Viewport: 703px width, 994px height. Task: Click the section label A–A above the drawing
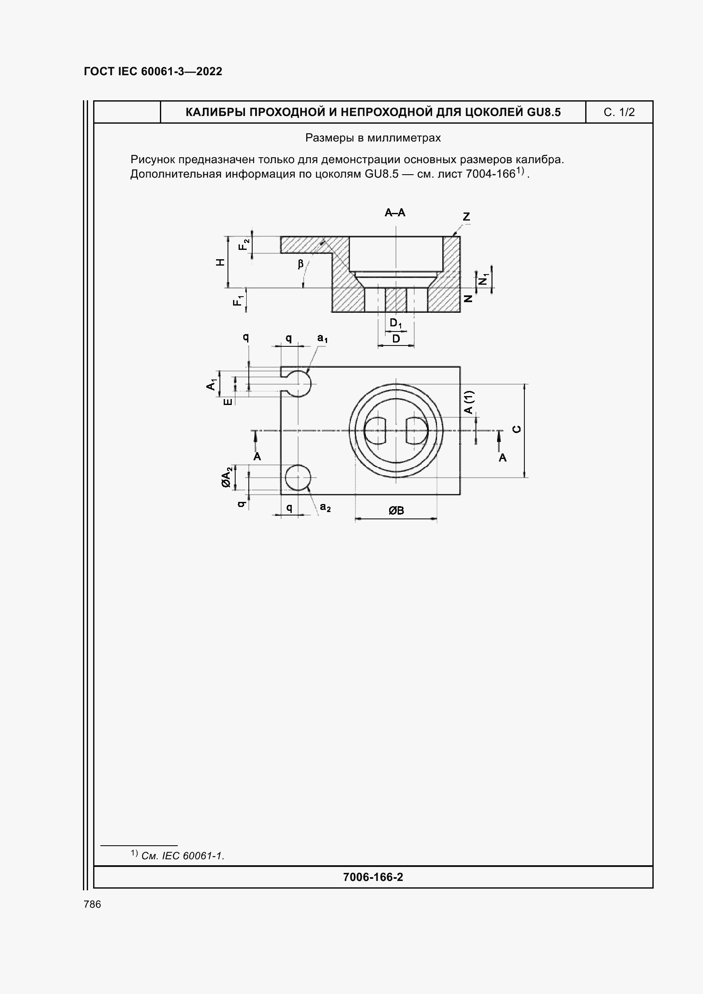click(x=395, y=212)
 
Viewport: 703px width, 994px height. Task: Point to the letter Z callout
click(x=467, y=216)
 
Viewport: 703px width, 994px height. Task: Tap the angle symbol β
click(x=300, y=263)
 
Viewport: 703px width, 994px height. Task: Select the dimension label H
click(x=221, y=262)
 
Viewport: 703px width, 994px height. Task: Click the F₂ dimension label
click(x=244, y=245)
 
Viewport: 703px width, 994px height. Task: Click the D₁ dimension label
click(x=396, y=323)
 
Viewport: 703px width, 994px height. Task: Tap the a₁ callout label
click(x=323, y=338)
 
